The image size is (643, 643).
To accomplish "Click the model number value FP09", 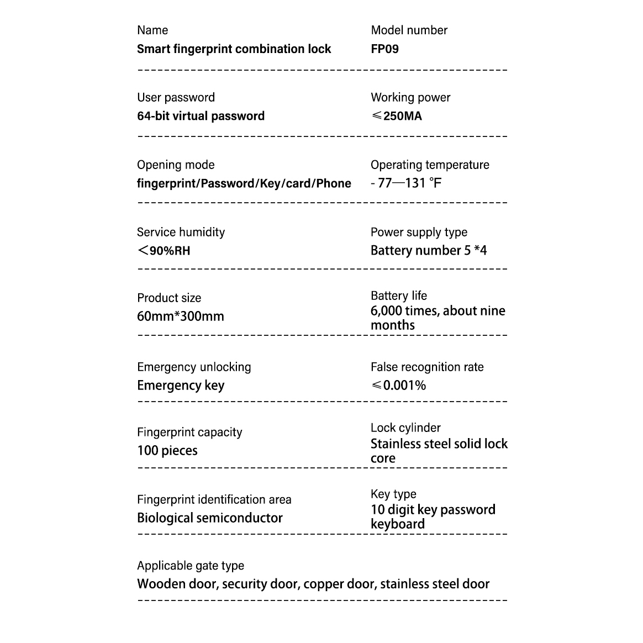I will click(384, 49).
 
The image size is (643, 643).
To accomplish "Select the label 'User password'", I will click(176, 98).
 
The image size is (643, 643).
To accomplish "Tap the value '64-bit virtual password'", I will click(201, 116).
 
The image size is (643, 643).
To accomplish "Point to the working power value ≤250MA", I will click(397, 116).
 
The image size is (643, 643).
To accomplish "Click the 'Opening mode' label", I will click(176, 165).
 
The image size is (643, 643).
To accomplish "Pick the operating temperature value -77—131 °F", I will click(406, 183).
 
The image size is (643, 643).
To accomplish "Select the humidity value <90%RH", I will click(164, 251).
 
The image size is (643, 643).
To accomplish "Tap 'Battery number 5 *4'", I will click(429, 251).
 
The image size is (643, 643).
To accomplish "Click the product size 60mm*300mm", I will click(181, 317).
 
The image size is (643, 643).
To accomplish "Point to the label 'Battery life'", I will click(399, 296).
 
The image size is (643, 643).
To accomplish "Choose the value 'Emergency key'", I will click(181, 386).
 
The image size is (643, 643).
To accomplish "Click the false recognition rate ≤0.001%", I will click(398, 386).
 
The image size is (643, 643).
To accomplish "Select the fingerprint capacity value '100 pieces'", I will click(167, 451).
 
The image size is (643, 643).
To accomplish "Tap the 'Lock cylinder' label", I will click(405, 428).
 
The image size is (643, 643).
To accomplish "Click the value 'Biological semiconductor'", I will click(210, 518).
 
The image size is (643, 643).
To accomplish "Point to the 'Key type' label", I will click(393, 494).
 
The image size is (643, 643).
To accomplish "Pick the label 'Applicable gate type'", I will click(191, 566).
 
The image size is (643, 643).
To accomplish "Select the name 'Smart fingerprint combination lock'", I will click(234, 49).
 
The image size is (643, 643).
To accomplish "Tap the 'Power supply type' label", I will click(419, 233).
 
